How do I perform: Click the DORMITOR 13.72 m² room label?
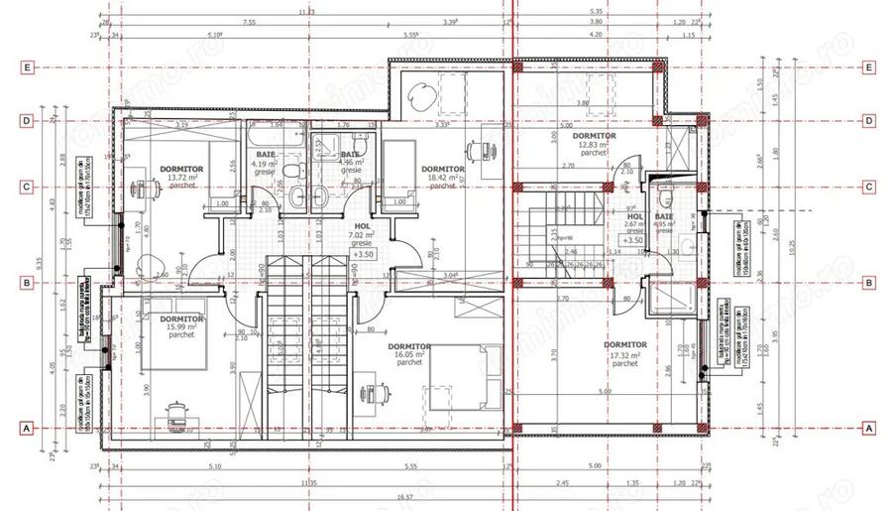(181, 177)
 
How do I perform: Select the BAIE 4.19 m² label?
(267, 163)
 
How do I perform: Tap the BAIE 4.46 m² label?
(351, 162)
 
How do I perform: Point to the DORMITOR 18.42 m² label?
(442, 177)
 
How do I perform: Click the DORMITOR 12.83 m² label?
(594, 145)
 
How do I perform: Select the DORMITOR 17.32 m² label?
(625, 353)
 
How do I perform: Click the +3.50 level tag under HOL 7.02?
(363, 254)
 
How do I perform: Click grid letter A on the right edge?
(869, 429)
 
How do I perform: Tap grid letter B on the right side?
(869, 283)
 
